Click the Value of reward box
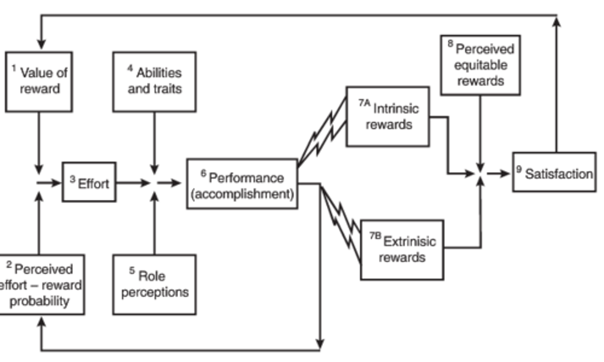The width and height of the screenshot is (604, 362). coord(39,82)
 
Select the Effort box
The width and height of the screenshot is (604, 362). coord(89,183)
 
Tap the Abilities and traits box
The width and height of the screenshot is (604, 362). coord(154,82)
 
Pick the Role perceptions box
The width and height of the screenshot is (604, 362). coord(154,284)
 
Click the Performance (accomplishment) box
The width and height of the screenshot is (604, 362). coord(242,184)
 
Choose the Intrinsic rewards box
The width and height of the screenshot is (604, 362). coord(388,116)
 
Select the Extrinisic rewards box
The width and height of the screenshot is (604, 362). coord(402,250)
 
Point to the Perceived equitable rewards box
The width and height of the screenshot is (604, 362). coord(480,65)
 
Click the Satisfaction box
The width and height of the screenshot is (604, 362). coord(554,172)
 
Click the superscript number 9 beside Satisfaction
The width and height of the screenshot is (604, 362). coord(519,169)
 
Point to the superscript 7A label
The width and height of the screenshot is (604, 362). coord(364,103)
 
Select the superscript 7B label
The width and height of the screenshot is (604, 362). coord(375,236)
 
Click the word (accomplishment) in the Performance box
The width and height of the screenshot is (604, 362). coord(242,194)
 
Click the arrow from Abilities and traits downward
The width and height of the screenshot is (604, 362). coord(154,142)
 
